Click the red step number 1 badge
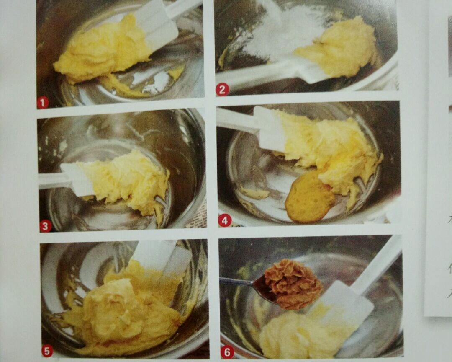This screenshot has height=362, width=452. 42,102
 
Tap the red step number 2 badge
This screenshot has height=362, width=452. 222,89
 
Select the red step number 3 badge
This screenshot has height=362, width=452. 46,226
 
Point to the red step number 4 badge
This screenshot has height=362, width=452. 225,220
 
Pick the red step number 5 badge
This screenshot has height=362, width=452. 47,350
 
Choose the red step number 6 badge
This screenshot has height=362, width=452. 227,352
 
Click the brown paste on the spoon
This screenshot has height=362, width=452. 292,283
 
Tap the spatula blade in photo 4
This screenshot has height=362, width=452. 270,128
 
